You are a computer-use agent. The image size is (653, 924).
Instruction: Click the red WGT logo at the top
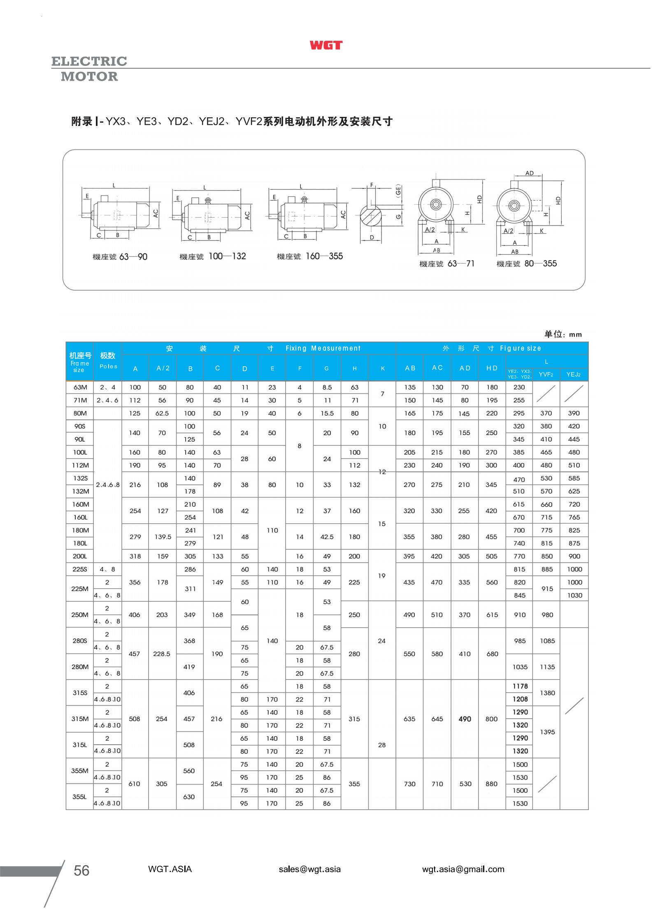[x=326, y=45]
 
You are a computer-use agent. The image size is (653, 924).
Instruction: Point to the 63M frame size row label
[x=80, y=387]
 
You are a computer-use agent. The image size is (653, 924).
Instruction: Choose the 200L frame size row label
[x=80, y=556]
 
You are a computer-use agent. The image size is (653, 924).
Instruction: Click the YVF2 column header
[x=546, y=374]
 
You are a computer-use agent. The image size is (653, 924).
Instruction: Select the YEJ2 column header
[x=574, y=374]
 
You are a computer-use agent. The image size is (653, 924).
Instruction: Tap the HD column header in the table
[x=492, y=368]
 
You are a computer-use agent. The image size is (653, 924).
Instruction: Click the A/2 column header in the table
[x=163, y=368]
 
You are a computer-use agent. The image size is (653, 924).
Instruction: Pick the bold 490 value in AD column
[x=465, y=719]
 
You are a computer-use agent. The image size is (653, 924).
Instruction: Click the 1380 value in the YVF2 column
[x=547, y=693]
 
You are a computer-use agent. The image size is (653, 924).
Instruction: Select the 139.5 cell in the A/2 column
[x=163, y=537]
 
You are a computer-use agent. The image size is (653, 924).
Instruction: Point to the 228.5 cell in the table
[x=162, y=654]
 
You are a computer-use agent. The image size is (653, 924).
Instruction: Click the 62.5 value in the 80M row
[x=162, y=413]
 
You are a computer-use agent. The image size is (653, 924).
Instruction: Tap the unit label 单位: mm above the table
[x=563, y=334]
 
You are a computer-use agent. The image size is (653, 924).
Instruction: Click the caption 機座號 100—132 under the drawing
[x=212, y=256]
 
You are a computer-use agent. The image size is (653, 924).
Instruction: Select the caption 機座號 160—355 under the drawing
[x=309, y=256]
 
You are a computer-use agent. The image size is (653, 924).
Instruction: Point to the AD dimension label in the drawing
[x=529, y=173]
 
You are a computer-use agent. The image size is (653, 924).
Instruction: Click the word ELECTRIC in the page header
[x=89, y=61]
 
